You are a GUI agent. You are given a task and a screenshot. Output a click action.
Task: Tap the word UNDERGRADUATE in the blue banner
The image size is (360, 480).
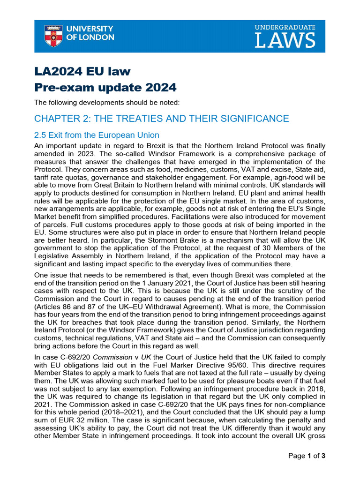(285, 28)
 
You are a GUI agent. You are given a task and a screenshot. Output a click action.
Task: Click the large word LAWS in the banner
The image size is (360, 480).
(285, 41)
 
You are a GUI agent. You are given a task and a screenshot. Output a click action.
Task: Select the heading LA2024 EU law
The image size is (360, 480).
(82, 71)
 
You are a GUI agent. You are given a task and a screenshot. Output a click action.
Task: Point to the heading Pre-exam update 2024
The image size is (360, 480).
(105, 88)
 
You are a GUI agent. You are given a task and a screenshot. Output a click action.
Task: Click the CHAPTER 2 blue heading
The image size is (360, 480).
(162, 119)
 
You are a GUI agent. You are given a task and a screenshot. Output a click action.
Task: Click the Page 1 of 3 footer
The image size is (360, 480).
(307, 456)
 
